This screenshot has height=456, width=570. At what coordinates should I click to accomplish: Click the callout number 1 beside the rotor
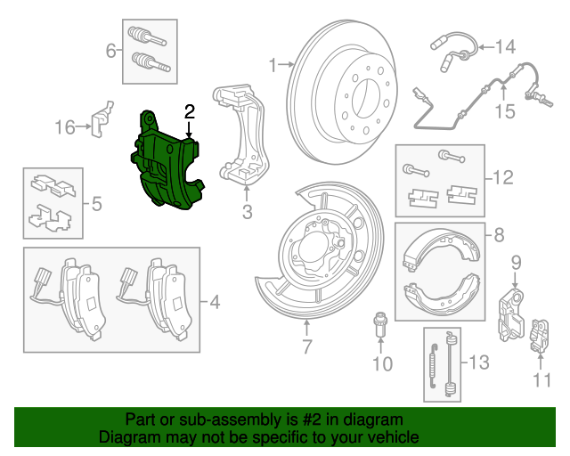point(274,64)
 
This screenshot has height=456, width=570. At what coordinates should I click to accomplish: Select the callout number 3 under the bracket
point(247,212)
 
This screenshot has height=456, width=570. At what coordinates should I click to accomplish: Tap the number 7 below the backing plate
point(306,346)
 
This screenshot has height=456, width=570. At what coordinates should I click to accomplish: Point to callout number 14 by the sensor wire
point(505,46)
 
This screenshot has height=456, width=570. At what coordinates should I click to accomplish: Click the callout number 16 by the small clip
point(64,127)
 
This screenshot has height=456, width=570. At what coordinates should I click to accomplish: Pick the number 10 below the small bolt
point(381,363)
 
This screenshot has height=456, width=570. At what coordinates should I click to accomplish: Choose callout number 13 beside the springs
point(478,362)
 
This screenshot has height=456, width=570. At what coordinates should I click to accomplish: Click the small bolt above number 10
point(380,324)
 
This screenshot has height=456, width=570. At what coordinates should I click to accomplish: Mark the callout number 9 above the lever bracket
point(516,262)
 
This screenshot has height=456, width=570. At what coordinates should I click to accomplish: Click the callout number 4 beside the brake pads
point(215,303)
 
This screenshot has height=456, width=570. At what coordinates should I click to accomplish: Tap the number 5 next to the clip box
point(96,205)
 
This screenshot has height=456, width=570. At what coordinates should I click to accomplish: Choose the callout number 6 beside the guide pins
point(111,51)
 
